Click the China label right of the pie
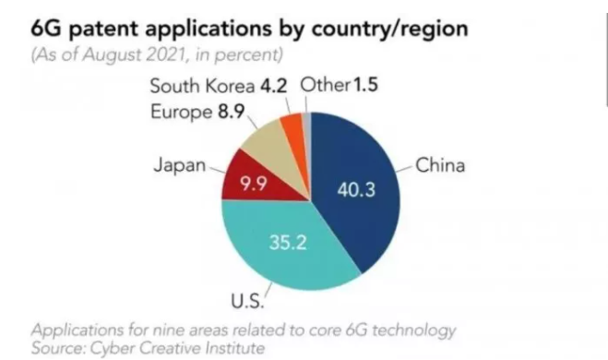tap(441, 167)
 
